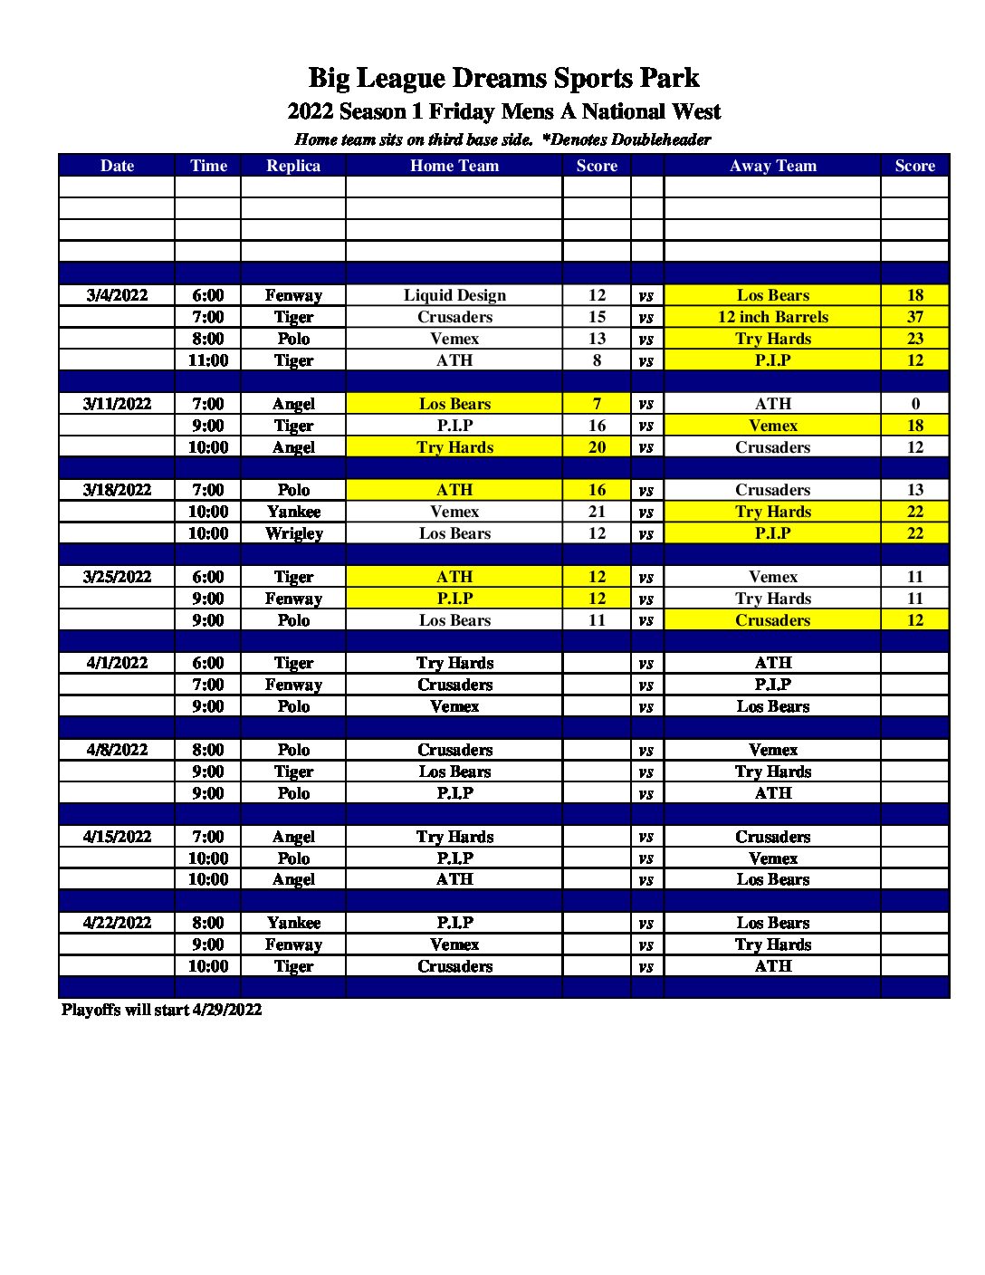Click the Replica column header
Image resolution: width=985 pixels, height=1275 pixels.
tap(293, 166)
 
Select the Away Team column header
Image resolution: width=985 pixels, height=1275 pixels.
tap(772, 166)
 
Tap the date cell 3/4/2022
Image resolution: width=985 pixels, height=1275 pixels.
tap(117, 295)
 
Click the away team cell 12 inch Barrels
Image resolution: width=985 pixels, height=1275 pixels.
tap(772, 317)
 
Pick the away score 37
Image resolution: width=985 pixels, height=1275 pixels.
tap(914, 317)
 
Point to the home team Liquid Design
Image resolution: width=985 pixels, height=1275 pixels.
tap(454, 295)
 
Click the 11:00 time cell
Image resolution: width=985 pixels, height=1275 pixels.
tap(208, 360)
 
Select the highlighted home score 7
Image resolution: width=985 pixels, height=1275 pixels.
tap(597, 404)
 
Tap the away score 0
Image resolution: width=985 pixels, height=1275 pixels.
tap(914, 404)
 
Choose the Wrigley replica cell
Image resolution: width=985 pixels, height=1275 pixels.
tap(293, 533)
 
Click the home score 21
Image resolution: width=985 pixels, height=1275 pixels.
tap(597, 512)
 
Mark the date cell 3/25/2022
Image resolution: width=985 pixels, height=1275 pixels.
tap(117, 577)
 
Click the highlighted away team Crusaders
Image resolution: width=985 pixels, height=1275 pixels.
tap(772, 620)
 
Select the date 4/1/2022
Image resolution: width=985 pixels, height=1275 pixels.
tap(117, 663)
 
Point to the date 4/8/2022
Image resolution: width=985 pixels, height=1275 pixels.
tap(117, 750)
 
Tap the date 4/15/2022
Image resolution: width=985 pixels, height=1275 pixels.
tap(117, 837)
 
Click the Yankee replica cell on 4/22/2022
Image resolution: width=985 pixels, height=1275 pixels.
tap(293, 923)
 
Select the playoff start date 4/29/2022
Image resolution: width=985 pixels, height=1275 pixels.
tap(227, 1010)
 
